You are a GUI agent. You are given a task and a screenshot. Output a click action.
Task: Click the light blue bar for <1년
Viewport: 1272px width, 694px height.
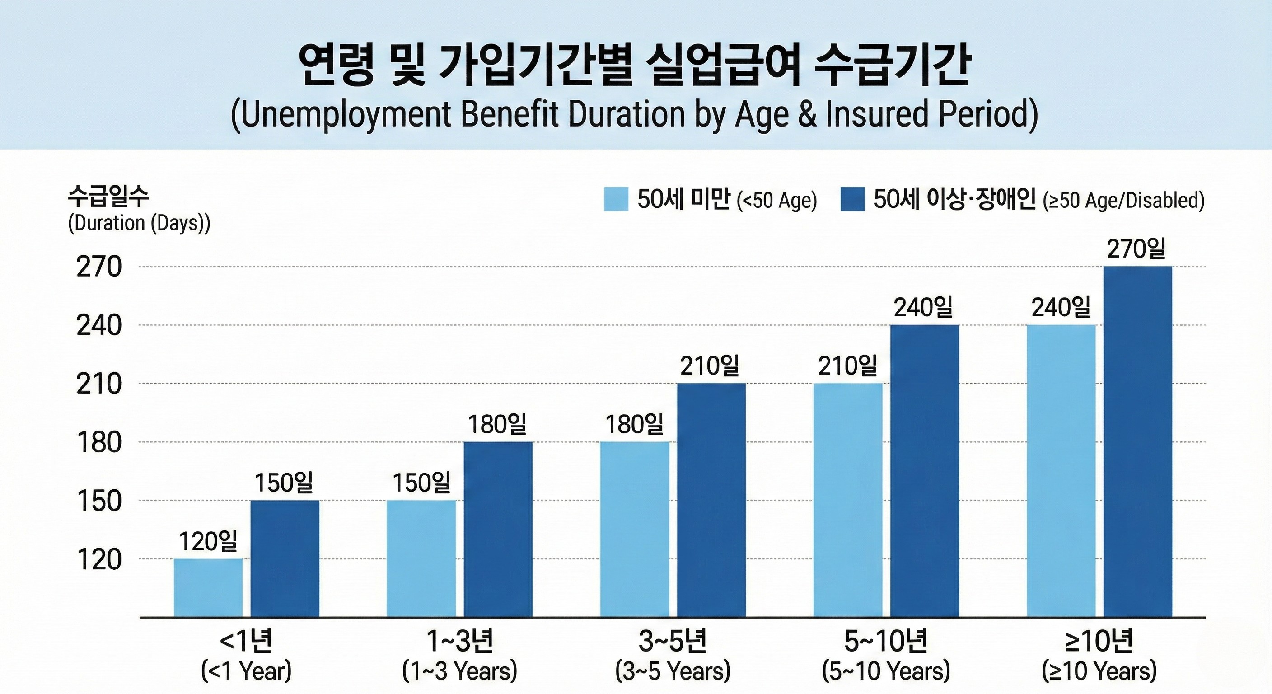[208, 588]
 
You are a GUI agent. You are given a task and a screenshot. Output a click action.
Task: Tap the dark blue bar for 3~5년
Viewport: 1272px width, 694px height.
[711, 500]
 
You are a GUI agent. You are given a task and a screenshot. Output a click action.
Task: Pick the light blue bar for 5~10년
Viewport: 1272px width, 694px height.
[848, 500]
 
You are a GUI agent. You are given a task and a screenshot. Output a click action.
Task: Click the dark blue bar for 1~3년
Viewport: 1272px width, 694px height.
[498, 529]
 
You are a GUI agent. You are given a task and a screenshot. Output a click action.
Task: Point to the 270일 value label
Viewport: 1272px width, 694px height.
[1136, 249]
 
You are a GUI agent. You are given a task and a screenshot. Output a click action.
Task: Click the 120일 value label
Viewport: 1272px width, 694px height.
[208, 542]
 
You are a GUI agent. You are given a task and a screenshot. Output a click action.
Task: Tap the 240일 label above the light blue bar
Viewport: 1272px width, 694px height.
[1061, 308]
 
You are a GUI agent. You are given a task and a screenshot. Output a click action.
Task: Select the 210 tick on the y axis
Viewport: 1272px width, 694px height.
[99, 384]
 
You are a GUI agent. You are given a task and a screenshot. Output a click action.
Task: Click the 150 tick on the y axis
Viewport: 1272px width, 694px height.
[99, 501]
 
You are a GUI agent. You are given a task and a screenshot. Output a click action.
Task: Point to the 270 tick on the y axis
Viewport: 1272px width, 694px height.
[99, 267]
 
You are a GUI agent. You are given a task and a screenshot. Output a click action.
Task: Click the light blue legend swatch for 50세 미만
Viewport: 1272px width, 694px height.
[616, 199]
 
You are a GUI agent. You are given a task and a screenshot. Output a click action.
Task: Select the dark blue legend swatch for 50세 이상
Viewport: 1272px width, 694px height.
[852, 199]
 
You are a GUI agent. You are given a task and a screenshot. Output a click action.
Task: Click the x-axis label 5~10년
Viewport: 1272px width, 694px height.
[886, 641]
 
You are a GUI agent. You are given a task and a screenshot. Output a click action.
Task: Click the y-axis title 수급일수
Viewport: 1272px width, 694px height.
[108, 197]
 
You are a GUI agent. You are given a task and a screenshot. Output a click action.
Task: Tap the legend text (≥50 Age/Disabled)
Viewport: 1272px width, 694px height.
[1123, 201]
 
